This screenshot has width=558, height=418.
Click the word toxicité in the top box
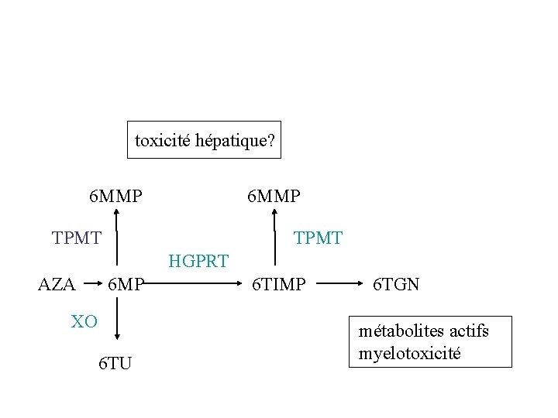point(162,141)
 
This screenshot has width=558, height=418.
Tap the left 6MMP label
point(115,196)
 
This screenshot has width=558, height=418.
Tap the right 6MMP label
point(274,196)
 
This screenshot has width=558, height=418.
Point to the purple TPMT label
point(76,238)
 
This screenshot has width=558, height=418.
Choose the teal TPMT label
point(318,238)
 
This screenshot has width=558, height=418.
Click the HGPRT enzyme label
point(198,261)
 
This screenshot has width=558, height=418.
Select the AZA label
point(57,285)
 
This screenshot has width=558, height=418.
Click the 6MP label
point(126,285)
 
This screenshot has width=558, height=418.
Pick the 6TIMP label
point(279,285)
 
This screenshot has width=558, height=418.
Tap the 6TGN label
point(396,285)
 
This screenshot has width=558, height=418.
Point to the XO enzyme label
point(84,321)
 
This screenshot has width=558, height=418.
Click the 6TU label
point(115,362)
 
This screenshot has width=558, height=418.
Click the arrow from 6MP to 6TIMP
point(194,284)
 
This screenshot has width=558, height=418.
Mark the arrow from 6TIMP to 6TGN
point(338,284)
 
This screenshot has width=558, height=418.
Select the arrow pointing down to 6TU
point(117,321)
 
